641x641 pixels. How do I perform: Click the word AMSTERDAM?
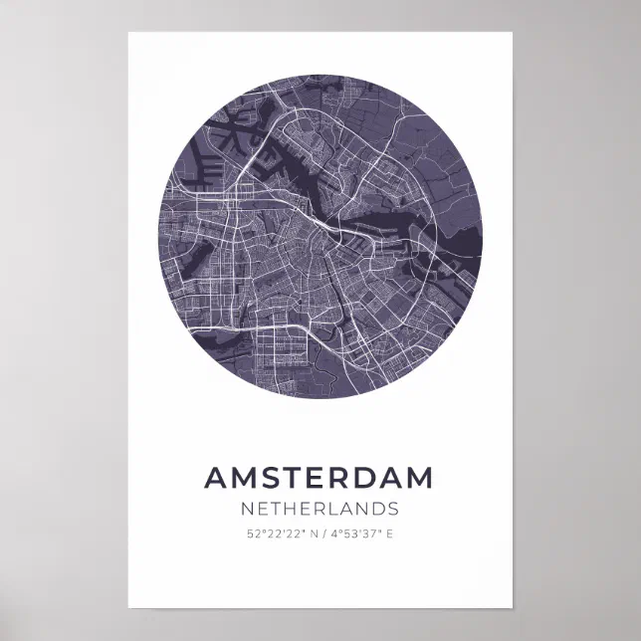[x=320, y=478]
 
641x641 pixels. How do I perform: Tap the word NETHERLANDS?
[x=320, y=510]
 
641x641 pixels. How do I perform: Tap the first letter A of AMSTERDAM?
[x=216, y=478]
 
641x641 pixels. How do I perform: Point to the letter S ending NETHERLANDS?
[x=393, y=510]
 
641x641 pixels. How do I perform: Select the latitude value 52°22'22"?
[x=274, y=535]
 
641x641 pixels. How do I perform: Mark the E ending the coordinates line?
[x=390, y=535]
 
